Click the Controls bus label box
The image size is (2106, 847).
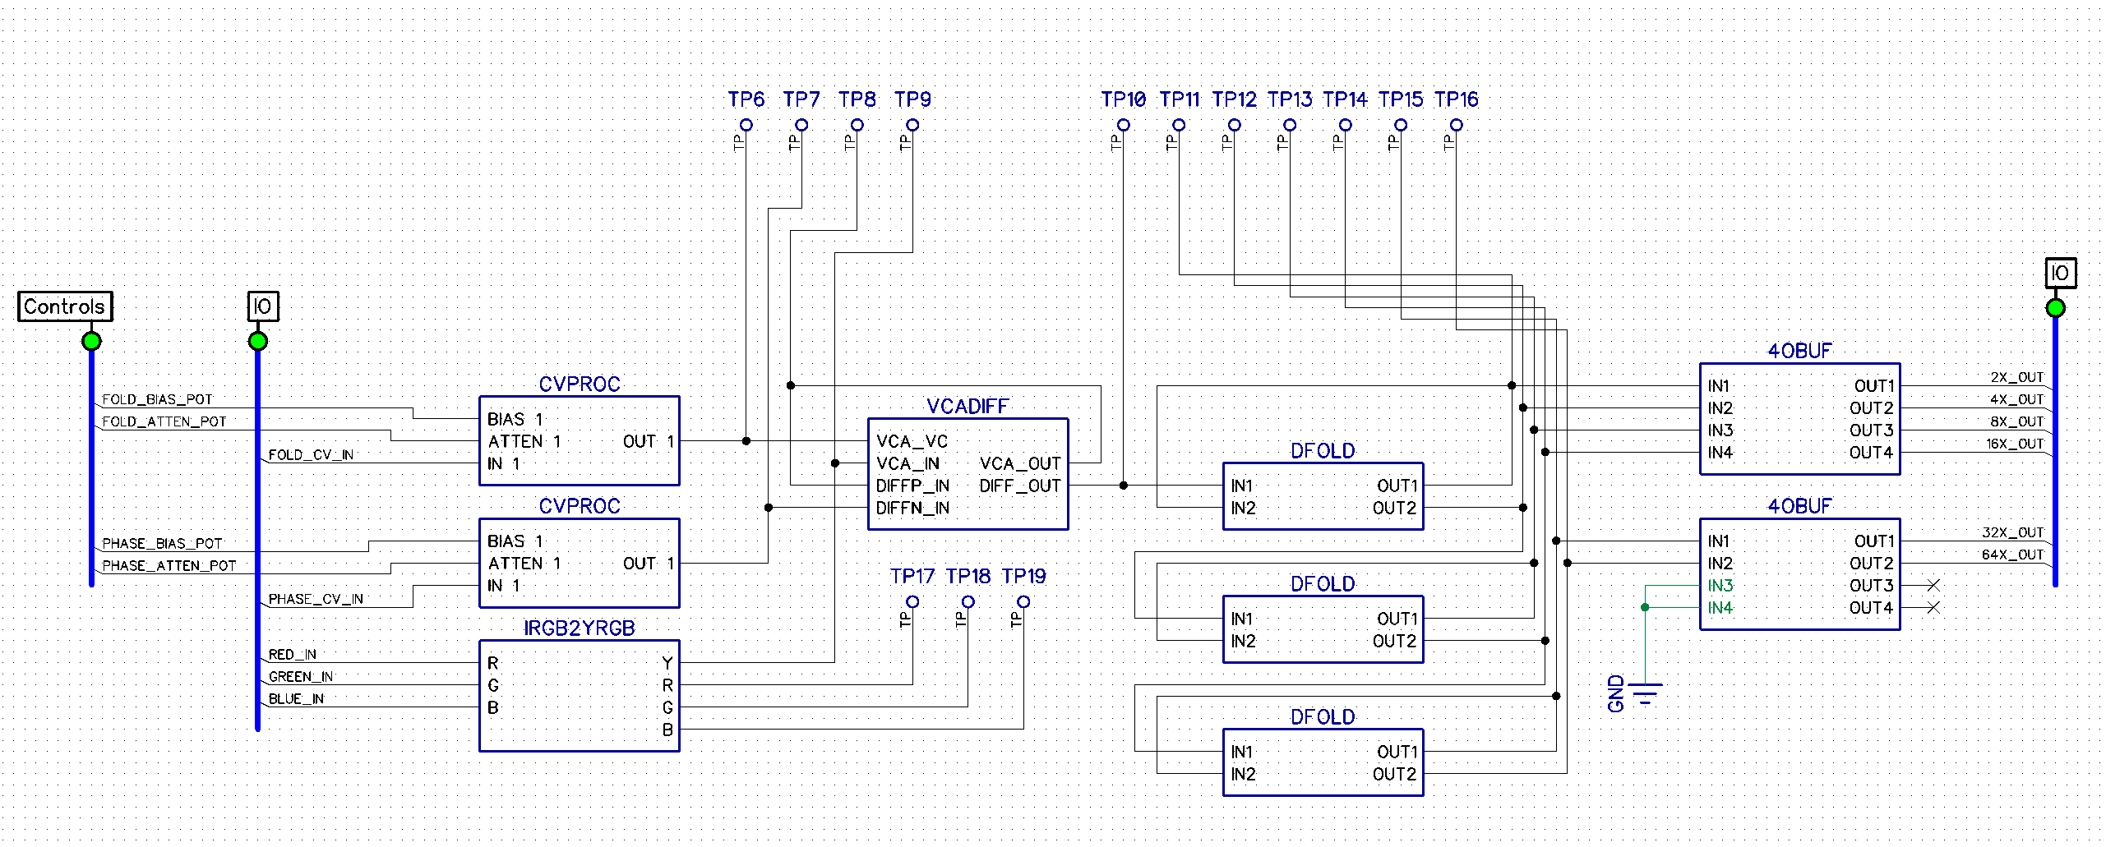[x=65, y=306]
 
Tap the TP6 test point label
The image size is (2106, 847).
[x=746, y=99]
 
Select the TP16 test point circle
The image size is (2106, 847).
[x=1457, y=125]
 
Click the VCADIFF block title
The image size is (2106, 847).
[x=968, y=406]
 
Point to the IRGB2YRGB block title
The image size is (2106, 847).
[x=580, y=628]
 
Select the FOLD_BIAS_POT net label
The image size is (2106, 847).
[x=157, y=399]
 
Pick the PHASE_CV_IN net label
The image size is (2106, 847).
[x=316, y=599]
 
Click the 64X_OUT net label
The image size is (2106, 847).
[x=2012, y=555]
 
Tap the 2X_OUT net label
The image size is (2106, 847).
[x=2017, y=377]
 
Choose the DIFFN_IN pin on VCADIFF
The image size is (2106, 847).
[x=912, y=509]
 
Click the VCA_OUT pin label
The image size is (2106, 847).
[x=1020, y=464]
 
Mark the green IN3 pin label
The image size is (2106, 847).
[x=1720, y=586]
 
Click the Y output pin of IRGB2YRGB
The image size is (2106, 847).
[x=667, y=663]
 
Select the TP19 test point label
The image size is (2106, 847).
[x=1023, y=576]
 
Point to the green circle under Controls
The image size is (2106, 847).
[x=92, y=341]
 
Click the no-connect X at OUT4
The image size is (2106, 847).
[x=1933, y=608]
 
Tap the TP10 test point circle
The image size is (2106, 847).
[x=1124, y=125]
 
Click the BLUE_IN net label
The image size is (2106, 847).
[x=296, y=699]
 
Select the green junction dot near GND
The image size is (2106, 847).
[x=1645, y=607]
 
